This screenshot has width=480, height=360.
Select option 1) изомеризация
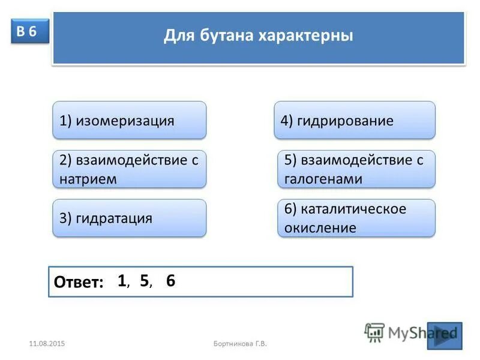tap(129, 120)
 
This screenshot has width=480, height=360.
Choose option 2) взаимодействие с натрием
tap(129, 169)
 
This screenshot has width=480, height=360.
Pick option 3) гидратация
tap(129, 218)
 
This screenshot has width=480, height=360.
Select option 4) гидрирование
tap(355, 120)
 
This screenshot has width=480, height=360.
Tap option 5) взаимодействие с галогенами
tap(356, 169)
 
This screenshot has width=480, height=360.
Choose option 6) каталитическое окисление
tap(356, 218)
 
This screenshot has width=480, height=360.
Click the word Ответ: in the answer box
tap(79, 283)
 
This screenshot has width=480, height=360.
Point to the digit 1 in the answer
tap(122, 280)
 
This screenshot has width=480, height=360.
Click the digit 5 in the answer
tap(145, 280)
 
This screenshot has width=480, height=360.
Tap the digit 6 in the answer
tap(171, 280)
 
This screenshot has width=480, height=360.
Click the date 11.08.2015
tap(47, 343)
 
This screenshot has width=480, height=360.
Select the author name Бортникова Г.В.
tap(240, 343)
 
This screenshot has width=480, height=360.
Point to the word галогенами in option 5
tap(323, 178)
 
